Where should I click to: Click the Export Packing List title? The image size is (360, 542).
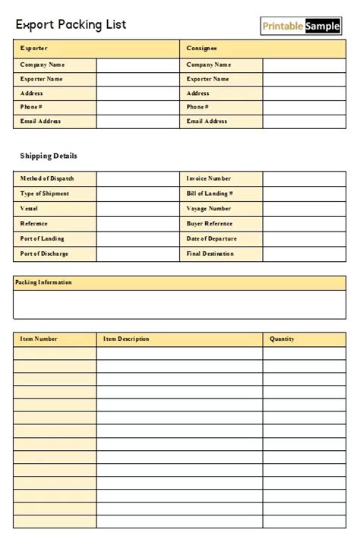pos(71,24)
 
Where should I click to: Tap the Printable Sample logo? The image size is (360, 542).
pos(302,27)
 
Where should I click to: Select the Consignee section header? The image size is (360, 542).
pos(201,49)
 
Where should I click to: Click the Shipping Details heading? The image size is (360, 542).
pos(49,156)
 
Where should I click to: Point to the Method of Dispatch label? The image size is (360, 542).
pos(47,178)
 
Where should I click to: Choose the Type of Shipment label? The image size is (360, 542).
pos(45,194)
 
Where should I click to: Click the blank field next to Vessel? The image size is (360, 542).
pos(137,209)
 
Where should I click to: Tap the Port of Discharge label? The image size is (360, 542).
pos(45,254)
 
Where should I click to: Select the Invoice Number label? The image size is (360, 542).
pos(209,178)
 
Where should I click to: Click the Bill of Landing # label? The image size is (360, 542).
pos(210,194)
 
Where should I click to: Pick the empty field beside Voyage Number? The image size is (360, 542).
pos(304,209)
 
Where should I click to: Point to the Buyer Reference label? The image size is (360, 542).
pos(210,224)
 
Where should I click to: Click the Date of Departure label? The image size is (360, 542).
pos(211,239)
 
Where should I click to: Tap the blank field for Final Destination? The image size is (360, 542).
pos(304,254)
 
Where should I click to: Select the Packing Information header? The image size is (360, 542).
pos(43,282)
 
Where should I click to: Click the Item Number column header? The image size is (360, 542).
pos(39,339)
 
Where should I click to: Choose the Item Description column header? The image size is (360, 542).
pos(126,339)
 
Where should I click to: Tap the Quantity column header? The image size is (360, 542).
pos(282,339)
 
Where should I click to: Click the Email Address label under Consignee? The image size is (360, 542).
pos(207,121)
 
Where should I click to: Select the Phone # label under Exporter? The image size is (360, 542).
pos(31,107)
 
